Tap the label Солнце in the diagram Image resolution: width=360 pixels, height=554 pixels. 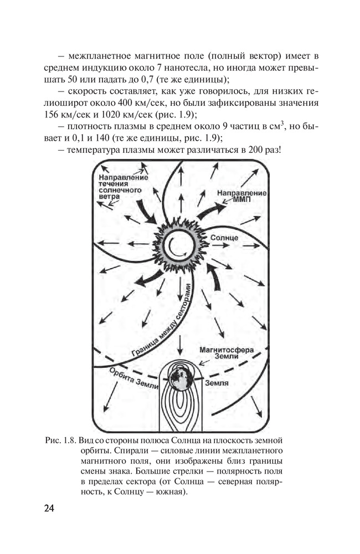click(x=225, y=237)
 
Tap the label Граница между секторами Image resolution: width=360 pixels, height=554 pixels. click(x=161, y=322)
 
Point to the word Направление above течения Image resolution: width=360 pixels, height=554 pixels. click(x=116, y=177)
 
